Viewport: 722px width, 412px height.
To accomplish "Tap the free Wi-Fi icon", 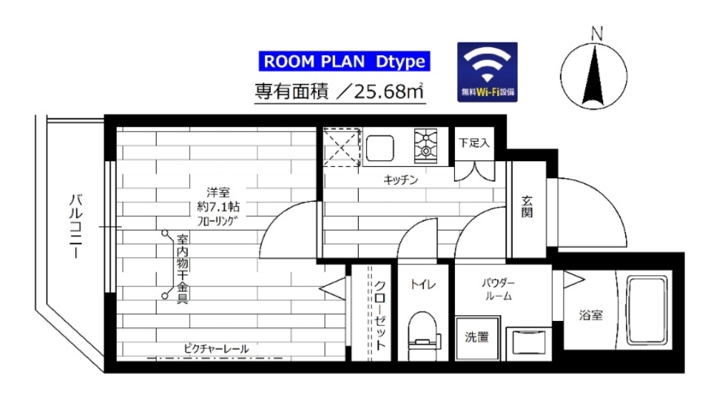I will coord(487,72).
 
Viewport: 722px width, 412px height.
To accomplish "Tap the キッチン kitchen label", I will coord(400,180).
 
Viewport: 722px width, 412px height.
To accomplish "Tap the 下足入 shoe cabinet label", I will coord(474,143).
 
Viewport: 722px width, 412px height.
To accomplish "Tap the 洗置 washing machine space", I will coord(477,336).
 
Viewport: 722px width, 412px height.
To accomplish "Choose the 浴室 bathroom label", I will coord(591,314).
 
